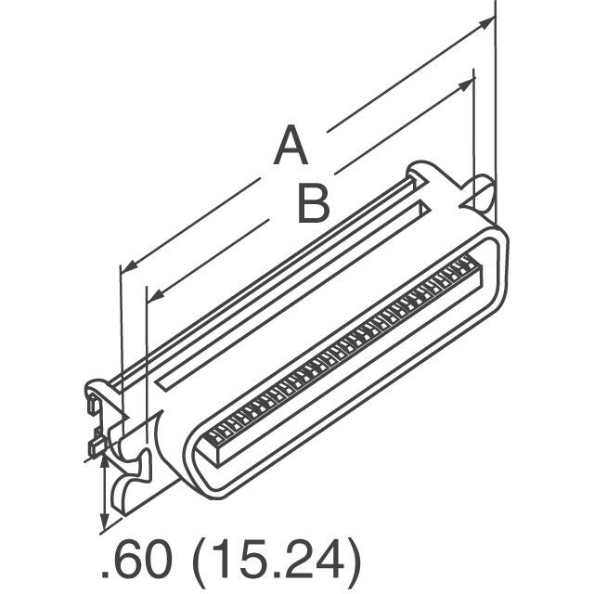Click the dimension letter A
(290, 148)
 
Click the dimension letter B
(313, 203)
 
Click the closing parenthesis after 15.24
(351, 562)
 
